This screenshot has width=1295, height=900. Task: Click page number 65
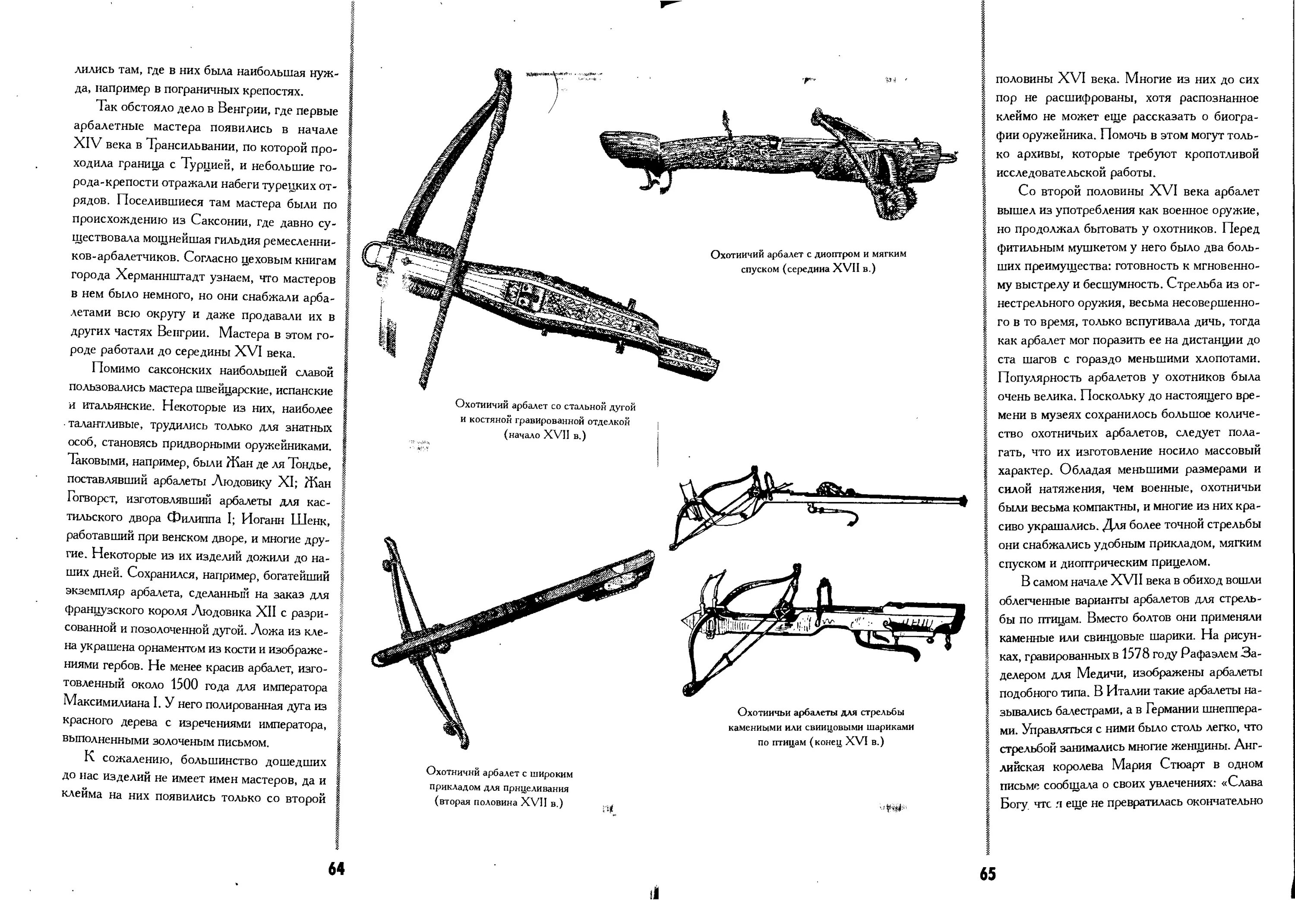(x=987, y=874)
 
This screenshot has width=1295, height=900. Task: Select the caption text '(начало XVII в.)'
(x=545, y=436)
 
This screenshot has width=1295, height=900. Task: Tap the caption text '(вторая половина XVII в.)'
(x=499, y=802)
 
